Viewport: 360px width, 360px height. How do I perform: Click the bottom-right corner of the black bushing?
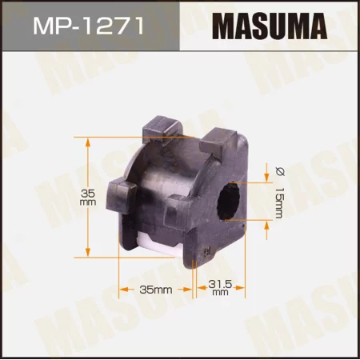[240, 258]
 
